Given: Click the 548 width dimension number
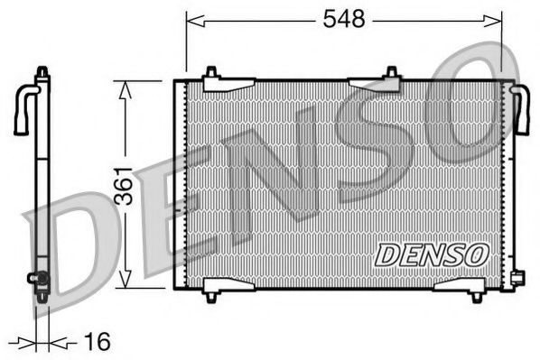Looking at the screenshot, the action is [x=344, y=19].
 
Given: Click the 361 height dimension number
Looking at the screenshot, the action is [x=124, y=186].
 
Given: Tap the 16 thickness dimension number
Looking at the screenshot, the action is [x=98, y=341].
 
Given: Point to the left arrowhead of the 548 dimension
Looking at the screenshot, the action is [x=195, y=21].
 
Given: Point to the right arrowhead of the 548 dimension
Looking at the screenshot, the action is [x=492, y=21].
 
